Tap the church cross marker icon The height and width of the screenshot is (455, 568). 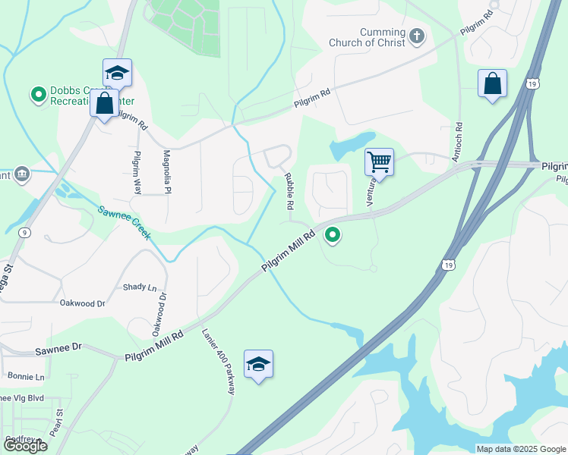coord(416,36)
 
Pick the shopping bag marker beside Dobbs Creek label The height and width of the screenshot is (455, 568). coord(104,103)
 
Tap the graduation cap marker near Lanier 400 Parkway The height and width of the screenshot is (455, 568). coord(258,365)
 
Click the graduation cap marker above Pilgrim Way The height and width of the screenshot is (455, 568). coord(117,73)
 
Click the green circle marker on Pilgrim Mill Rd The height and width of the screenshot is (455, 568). coord(333,236)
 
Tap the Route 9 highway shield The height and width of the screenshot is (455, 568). coord(25,233)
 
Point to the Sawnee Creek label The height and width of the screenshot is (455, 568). coord(124,221)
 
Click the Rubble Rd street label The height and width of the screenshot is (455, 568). coord(289,191)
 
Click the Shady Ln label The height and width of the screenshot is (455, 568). coord(140,287)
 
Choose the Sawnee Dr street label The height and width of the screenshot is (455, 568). coord(58,351)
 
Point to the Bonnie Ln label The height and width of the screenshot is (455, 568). coord(26,376)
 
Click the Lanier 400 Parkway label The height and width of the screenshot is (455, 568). coord(219,361)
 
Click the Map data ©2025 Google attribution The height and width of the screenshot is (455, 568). coord(520,449)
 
